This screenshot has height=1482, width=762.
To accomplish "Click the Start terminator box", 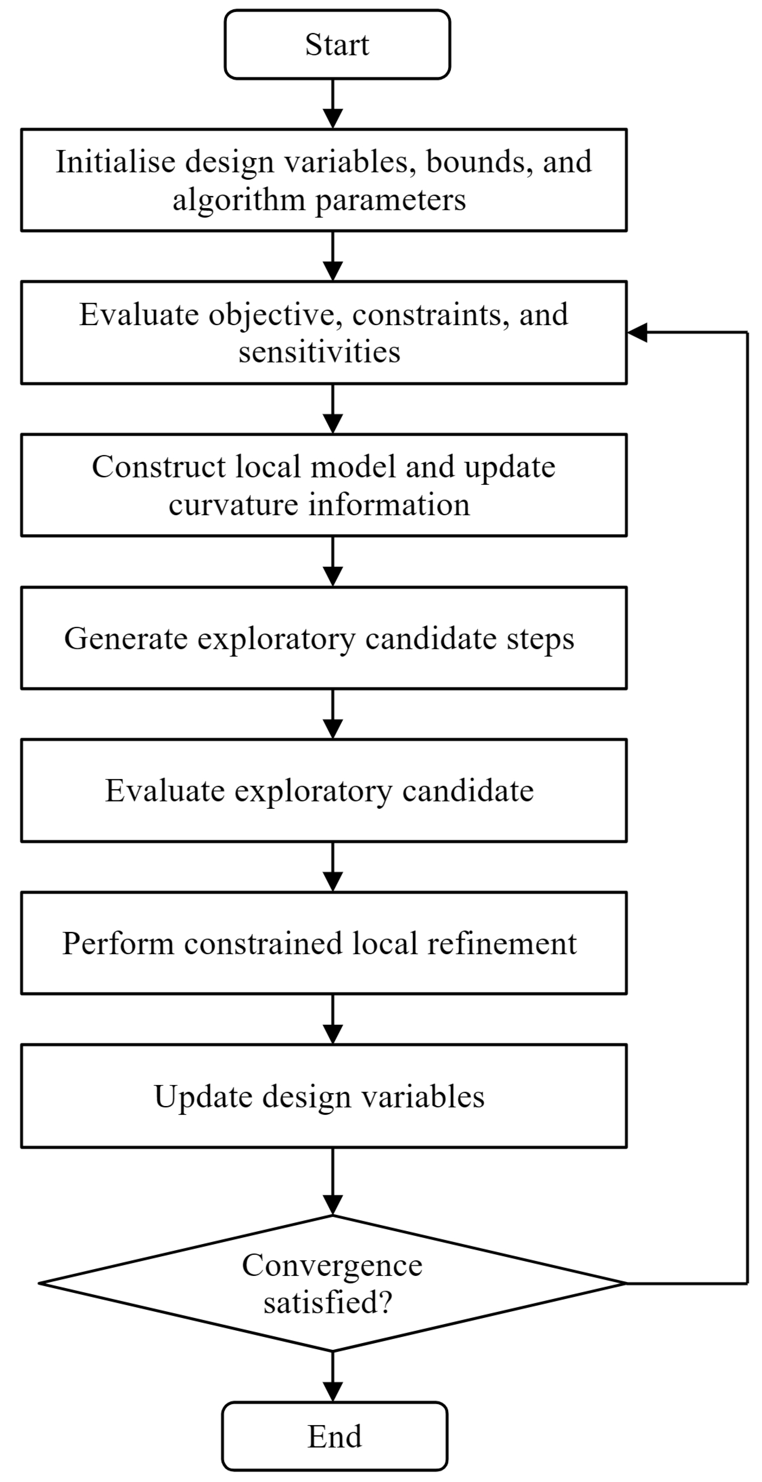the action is tap(337, 44).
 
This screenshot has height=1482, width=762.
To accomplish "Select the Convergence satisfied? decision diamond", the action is tap(332, 1283).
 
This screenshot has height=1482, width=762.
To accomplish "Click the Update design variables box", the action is tap(324, 1096).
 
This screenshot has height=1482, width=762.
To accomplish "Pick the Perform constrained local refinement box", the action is tap(324, 943).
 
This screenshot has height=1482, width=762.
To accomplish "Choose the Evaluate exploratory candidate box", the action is tap(324, 791).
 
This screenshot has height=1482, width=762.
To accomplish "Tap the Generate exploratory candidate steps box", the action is tap(324, 638).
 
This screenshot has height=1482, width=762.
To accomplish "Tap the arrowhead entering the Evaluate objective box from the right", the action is tap(637, 333).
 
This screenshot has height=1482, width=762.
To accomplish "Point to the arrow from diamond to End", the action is tap(332, 1376).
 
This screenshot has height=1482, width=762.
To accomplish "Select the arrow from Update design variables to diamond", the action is tap(332, 1181).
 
